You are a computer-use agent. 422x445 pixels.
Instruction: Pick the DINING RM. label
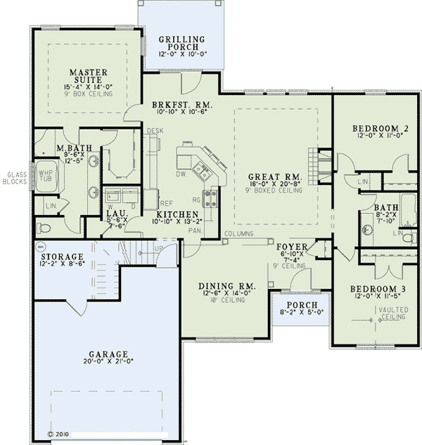(226, 286)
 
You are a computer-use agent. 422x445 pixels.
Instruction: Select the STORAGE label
(62, 257)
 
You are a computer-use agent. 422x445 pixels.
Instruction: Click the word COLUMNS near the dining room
(239, 233)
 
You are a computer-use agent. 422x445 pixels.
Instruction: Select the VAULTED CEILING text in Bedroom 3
(392, 313)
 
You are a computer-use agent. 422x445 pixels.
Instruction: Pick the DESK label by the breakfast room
(154, 131)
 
